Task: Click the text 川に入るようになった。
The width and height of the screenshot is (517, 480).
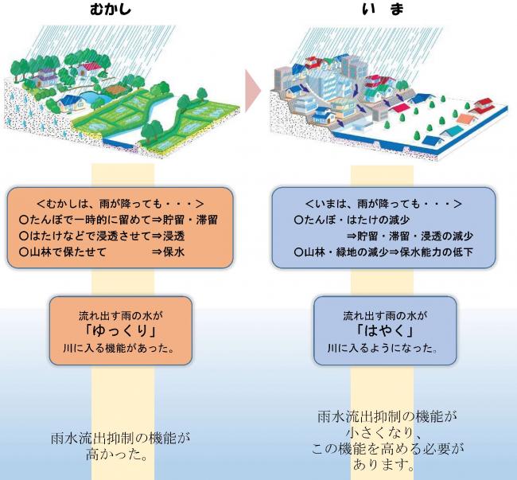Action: (385, 349)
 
